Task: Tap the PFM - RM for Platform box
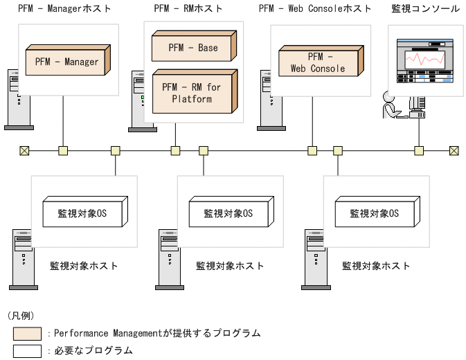(x=192, y=93)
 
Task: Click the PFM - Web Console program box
(x=318, y=62)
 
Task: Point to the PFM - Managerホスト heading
(x=64, y=9)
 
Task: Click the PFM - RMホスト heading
(x=188, y=9)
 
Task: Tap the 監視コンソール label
(x=426, y=9)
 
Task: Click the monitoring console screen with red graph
(x=425, y=62)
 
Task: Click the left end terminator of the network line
(x=24, y=150)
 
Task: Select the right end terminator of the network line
(x=454, y=150)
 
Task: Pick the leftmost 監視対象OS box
(x=83, y=214)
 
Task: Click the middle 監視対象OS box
(x=228, y=214)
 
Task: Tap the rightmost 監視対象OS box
(x=374, y=214)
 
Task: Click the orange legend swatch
(x=26, y=334)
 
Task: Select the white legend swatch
(x=26, y=351)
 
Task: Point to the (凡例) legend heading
(x=21, y=316)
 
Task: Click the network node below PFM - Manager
(x=63, y=150)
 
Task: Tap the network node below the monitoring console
(x=418, y=150)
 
